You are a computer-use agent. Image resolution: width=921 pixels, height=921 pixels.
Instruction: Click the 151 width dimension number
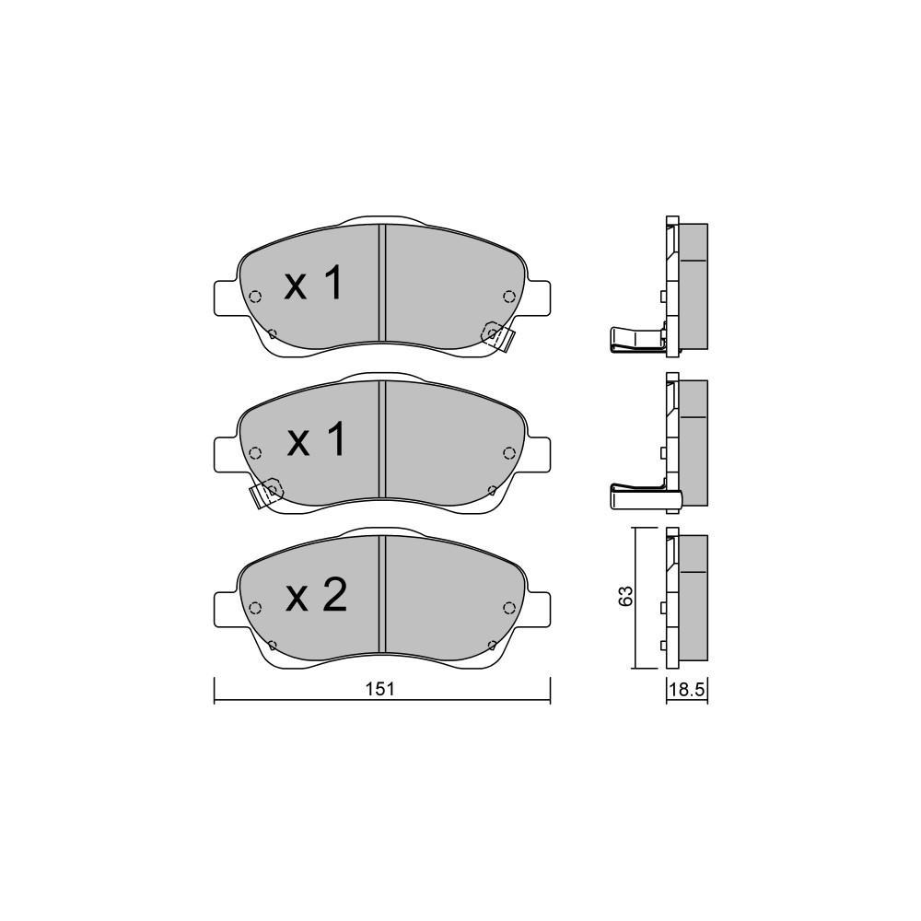pyautogui.click(x=380, y=689)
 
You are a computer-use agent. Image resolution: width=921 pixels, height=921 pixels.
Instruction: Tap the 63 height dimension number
pyautogui.click(x=626, y=596)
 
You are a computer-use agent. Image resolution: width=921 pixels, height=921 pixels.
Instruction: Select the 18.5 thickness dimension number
pyautogui.click(x=687, y=689)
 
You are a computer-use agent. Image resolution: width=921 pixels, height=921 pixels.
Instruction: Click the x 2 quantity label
pyautogui.click(x=317, y=595)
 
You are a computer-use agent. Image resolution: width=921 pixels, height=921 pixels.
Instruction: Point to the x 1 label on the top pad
pyautogui.click(x=314, y=283)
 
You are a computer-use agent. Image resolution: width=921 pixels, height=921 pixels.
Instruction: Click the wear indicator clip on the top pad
pyautogui.click(x=498, y=336)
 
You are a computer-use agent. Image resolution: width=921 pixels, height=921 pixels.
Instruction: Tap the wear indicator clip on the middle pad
pyautogui.click(x=265, y=494)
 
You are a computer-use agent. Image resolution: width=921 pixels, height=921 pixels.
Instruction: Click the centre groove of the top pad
pyautogui.click(x=382, y=283)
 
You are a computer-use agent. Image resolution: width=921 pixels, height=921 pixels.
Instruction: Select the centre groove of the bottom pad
pyautogui.click(x=382, y=594)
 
